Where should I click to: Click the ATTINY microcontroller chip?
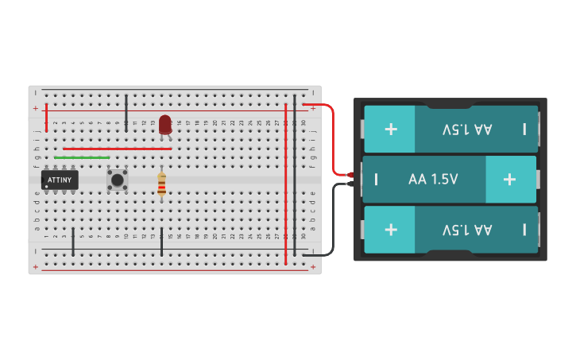click(x=60, y=180)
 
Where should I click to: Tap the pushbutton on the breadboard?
click(x=118, y=180)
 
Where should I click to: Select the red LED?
click(x=164, y=124)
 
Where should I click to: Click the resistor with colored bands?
click(x=161, y=186)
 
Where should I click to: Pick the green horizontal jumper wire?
click(x=82, y=157)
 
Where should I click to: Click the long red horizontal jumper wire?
click(x=117, y=149)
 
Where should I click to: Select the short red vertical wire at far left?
click(x=47, y=118)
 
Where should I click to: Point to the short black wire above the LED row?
click(x=126, y=111)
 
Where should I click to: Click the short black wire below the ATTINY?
click(x=73, y=242)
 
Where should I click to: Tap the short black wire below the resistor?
click(x=161, y=242)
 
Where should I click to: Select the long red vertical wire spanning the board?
click(x=286, y=183)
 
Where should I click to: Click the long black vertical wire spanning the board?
click(x=295, y=175)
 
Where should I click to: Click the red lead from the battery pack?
click(x=332, y=135)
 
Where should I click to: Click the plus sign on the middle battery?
click(x=509, y=179)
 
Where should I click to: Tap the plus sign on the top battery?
click(x=391, y=129)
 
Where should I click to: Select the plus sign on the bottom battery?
click(x=391, y=230)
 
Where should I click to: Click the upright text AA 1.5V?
click(x=433, y=180)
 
